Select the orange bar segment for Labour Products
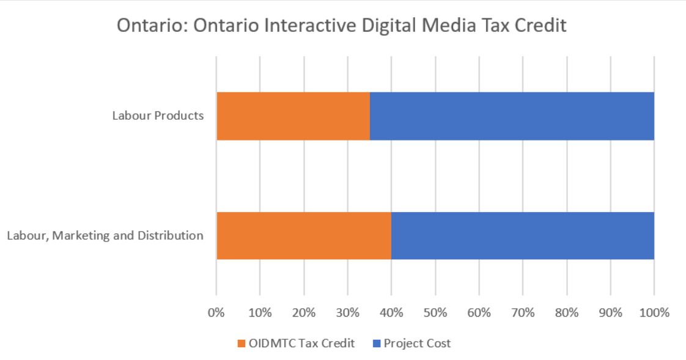click(293, 116)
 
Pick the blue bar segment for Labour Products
click(512, 116)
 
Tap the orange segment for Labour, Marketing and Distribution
click(304, 235)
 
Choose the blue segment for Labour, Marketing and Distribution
click(523, 235)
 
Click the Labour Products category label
click(158, 116)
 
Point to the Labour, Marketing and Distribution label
click(105, 235)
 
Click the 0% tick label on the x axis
click(216, 313)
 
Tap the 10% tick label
click(260, 313)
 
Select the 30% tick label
click(347, 313)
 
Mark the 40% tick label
click(391, 313)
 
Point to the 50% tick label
click(435, 313)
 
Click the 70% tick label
click(523, 313)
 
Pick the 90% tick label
click(610, 313)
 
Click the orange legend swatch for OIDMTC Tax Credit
click(241, 343)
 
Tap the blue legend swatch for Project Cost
click(377, 343)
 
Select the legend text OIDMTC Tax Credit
click(301, 343)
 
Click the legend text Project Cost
click(417, 343)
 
